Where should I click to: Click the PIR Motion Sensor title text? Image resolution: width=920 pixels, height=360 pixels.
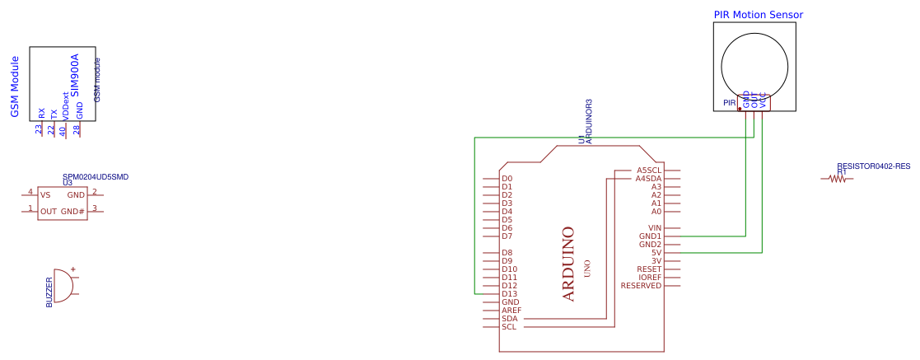[x=758, y=15]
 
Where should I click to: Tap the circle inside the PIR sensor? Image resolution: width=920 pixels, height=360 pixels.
[x=754, y=66]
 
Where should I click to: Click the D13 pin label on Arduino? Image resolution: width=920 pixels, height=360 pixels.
[x=509, y=294]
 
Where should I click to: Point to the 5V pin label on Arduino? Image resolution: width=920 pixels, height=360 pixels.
[x=656, y=253]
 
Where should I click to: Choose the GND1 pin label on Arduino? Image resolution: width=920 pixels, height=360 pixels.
[x=650, y=236]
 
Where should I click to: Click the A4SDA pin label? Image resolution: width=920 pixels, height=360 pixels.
[x=648, y=179]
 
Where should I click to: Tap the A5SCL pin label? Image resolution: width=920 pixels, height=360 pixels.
[x=648, y=171]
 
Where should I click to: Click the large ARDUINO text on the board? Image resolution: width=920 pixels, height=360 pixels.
[x=567, y=264]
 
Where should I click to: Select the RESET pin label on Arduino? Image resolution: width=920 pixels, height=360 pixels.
[x=649, y=269]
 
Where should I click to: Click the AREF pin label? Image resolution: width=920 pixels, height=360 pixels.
[x=511, y=311]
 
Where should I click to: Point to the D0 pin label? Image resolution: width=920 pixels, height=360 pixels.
[x=507, y=179]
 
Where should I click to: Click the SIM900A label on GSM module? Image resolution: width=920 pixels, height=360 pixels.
[x=74, y=76]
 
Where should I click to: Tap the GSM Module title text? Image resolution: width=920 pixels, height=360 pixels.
[x=15, y=86]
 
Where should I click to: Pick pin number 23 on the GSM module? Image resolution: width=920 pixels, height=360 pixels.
[x=39, y=129]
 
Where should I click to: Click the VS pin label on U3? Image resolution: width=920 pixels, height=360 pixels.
[x=45, y=195]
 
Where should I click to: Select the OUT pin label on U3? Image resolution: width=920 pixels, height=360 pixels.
[x=49, y=212]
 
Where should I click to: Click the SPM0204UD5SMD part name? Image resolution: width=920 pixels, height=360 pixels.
[x=96, y=177]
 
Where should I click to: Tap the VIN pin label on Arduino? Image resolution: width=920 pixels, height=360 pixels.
[x=655, y=228]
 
